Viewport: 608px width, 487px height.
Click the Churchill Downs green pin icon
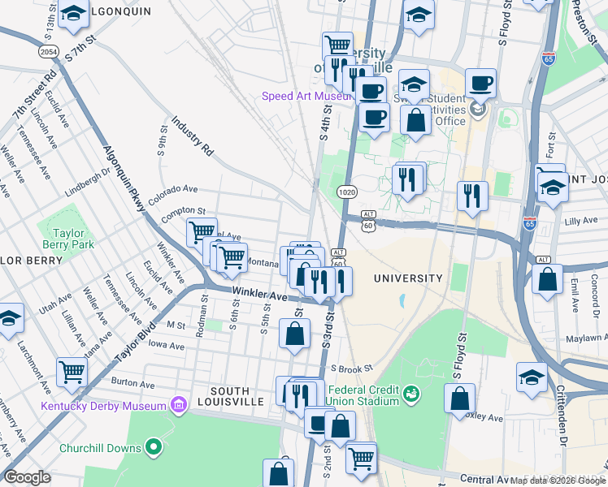coord(153,447)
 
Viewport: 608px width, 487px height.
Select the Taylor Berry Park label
coord(68,239)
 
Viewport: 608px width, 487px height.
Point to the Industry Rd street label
coord(192,136)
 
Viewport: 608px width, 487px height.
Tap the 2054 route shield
coord(50,52)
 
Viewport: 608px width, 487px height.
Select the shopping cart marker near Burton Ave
coord(72,372)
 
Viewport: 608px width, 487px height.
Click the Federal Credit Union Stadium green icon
coord(412,393)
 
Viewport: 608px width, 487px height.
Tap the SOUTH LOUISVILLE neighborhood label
coord(237,396)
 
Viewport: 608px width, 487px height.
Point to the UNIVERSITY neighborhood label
coord(408,278)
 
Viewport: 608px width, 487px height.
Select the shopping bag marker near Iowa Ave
coord(294,333)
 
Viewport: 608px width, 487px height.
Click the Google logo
coord(28,477)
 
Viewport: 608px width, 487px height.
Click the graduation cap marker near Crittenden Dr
coord(532,377)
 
